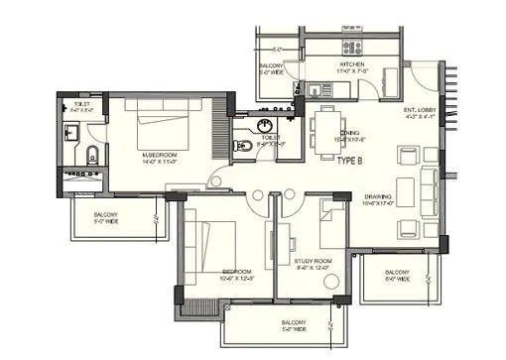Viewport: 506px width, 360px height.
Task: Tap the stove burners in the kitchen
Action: pos(351,47)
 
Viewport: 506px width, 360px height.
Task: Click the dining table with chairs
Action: pos(326,127)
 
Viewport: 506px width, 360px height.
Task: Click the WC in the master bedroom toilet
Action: pos(90,153)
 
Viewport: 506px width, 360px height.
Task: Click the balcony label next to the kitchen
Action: pos(271,67)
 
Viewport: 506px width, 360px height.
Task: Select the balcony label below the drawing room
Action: pos(397,275)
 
